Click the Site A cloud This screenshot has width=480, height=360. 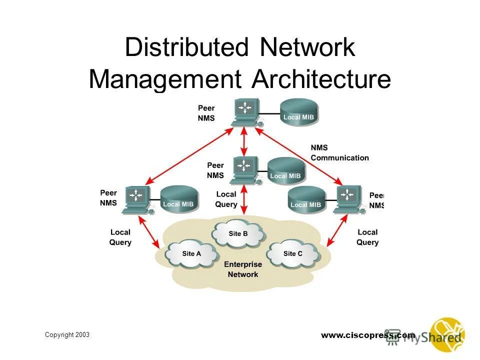click(x=191, y=254)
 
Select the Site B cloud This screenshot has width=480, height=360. click(x=238, y=233)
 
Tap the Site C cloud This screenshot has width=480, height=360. click(x=292, y=254)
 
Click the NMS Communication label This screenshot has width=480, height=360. click(x=339, y=153)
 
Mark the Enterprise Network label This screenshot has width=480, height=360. click(x=242, y=269)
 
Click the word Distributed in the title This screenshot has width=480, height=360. click(x=186, y=48)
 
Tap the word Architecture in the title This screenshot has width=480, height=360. click(x=321, y=79)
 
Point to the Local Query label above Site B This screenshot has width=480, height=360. click(x=226, y=199)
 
